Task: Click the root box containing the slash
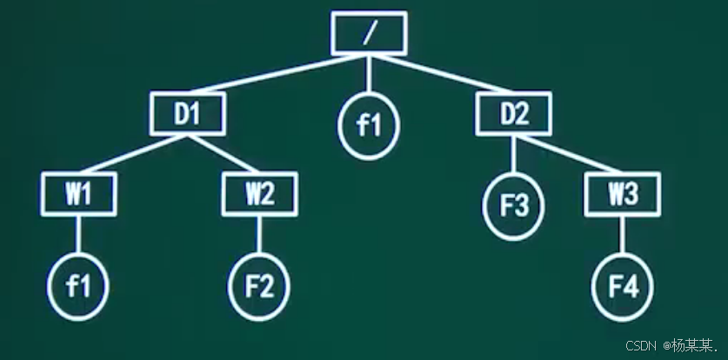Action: pos(369,32)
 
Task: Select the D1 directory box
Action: pos(187,114)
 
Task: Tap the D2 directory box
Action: pos(514,114)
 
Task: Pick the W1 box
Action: pos(79,194)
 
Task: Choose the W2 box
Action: pos(259,194)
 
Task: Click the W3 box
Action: pos(623,194)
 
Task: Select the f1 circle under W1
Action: pos(79,285)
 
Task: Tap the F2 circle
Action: pos(259,285)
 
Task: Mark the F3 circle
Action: pos(514,206)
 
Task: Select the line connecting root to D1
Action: pos(278,74)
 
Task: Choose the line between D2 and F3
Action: pos(514,155)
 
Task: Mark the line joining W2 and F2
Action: pos(259,235)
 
